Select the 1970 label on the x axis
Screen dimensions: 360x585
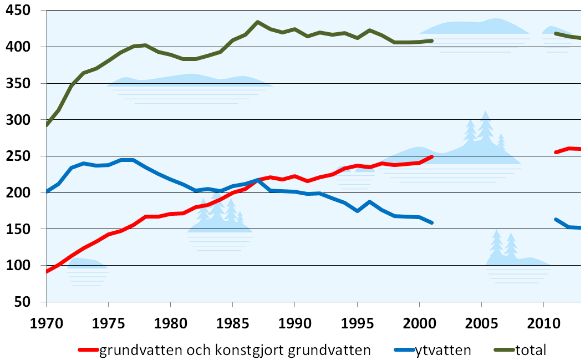coord(47,322)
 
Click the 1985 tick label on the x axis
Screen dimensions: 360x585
coord(232,322)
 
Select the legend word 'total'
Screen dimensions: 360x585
coord(531,350)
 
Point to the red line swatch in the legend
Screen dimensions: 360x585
coord(88,350)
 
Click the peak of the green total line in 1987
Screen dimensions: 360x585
coord(258,22)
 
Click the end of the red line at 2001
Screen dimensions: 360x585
coord(432,157)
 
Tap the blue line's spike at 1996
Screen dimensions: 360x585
coord(369,202)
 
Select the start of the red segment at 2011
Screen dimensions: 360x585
coord(556,152)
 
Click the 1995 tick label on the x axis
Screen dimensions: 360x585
coord(357,322)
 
